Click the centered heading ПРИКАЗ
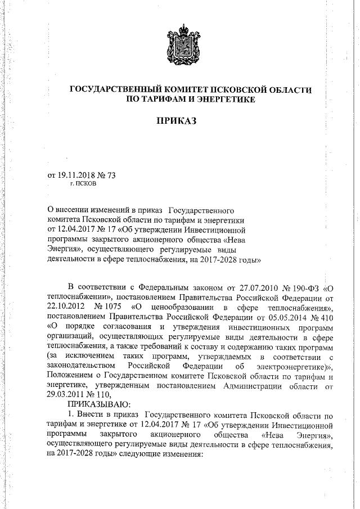click(x=179, y=121)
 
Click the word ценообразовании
click(x=182, y=307)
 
